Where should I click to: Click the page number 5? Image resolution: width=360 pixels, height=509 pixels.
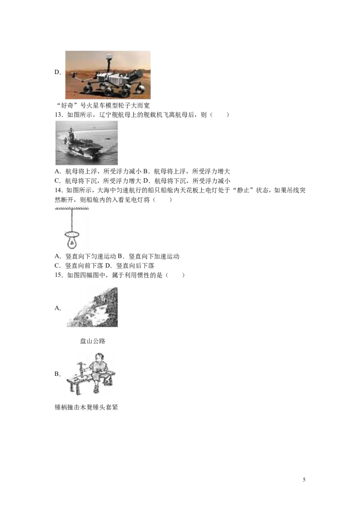click(304, 480)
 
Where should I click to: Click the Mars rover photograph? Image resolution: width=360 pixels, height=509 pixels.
click(108, 75)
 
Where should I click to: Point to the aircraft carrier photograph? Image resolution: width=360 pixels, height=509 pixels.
click(87, 143)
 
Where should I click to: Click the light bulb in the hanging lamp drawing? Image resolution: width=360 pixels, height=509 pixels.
click(72, 240)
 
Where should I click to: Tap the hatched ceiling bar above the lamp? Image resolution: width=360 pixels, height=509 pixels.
click(72, 209)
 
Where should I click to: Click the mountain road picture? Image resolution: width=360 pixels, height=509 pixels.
click(92, 307)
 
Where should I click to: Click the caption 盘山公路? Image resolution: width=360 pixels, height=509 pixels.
click(93, 341)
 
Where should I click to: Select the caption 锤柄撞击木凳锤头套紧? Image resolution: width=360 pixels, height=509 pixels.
click(86, 407)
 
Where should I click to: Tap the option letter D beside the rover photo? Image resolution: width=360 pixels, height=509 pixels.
click(58, 72)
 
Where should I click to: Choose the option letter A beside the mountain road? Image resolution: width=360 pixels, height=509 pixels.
click(58, 308)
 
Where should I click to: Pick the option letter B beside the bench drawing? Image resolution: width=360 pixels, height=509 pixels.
click(58, 374)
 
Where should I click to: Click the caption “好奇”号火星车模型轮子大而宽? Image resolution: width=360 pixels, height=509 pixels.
click(103, 105)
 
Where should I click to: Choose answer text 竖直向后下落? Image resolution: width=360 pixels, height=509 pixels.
click(135, 266)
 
